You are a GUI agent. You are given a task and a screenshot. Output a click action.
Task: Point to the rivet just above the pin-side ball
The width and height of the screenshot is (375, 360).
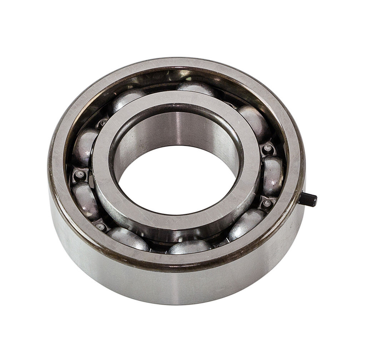coord(267,148)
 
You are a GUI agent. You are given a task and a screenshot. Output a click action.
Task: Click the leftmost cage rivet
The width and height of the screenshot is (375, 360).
coord(79,175)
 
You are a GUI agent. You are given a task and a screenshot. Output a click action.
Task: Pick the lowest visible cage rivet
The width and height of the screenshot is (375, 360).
coord(100,226)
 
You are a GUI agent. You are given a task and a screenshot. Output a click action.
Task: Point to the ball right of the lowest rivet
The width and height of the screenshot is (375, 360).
coord(128,238)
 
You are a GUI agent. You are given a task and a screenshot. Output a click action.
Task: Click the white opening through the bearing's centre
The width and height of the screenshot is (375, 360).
coord(176,180)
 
